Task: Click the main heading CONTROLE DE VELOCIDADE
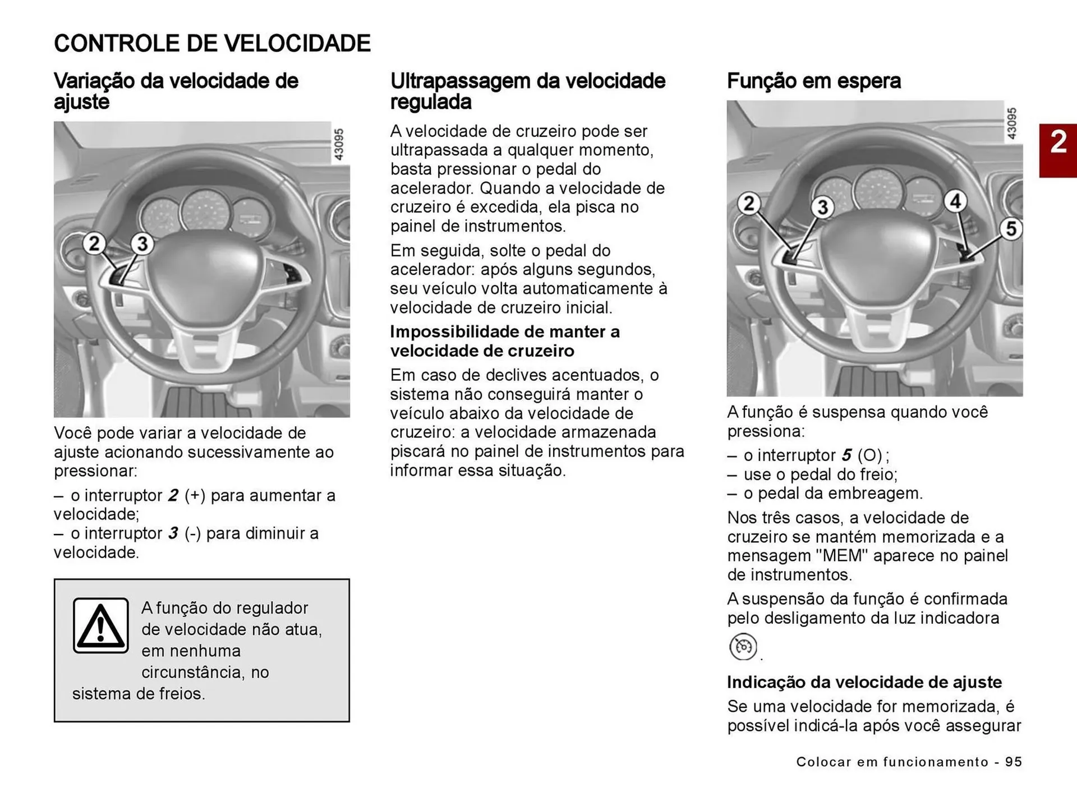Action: pos(212,44)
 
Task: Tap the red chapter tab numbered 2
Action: pos(1058,142)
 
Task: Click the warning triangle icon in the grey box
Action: pos(101,625)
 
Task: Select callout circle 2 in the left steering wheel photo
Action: pos(94,243)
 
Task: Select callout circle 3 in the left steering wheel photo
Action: pos(142,244)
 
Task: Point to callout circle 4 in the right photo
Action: pos(956,201)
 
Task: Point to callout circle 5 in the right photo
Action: pos(1011,229)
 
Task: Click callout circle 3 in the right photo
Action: pos(822,207)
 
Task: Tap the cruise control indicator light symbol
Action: pos(743,647)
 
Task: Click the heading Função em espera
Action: pos(813,81)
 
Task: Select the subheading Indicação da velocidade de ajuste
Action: pos(864,682)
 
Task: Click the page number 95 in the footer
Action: pos(1013,762)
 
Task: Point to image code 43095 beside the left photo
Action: pos(339,145)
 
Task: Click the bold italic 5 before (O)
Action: pos(846,455)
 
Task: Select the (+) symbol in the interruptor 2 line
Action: pos(195,496)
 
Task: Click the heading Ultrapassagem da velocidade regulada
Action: pos(527,91)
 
